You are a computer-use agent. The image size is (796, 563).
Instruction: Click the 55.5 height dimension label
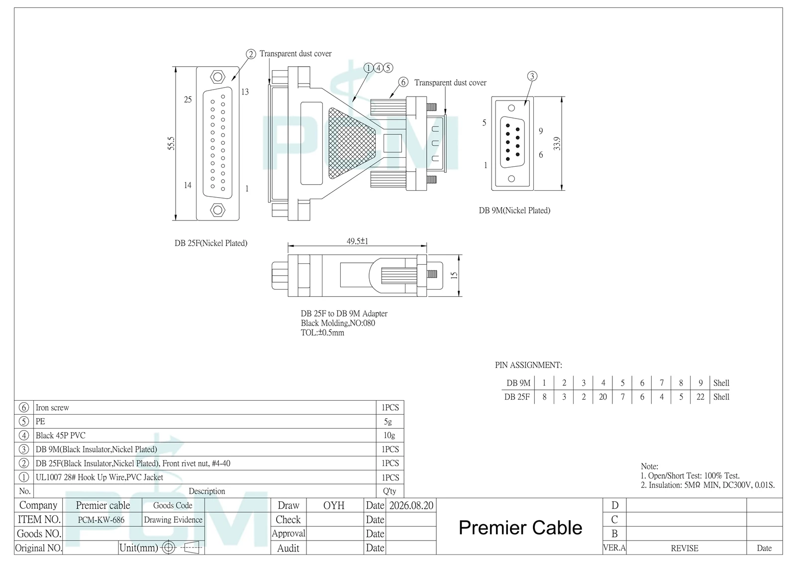[x=171, y=143]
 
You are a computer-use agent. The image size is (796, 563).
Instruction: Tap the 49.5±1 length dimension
[x=357, y=241]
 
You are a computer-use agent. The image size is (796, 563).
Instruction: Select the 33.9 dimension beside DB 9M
[x=557, y=144]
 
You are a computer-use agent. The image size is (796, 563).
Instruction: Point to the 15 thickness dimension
[x=454, y=275]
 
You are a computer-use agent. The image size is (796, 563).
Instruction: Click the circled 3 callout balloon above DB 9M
[x=532, y=76]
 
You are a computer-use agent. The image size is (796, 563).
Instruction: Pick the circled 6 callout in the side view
[x=403, y=82]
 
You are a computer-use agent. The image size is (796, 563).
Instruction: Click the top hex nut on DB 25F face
[x=217, y=77]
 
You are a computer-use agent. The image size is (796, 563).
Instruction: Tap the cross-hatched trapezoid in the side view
[x=352, y=143]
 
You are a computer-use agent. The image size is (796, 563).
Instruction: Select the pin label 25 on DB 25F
[x=188, y=100]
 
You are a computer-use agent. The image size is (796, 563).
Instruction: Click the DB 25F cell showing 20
[x=602, y=397]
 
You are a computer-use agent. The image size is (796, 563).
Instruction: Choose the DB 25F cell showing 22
[x=700, y=397]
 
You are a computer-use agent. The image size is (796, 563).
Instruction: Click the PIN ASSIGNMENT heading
[x=528, y=365]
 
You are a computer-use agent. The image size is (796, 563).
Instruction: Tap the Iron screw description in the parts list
[x=52, y=408]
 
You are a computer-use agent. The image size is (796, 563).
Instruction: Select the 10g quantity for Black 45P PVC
[x=389, y=435]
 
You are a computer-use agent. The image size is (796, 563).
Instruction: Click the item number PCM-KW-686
[x=101, y=520]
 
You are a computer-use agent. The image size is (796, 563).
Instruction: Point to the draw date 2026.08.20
[x=411, y=505]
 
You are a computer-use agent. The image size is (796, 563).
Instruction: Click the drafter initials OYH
[x=334, y=505]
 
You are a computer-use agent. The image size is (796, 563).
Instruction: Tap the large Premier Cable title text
[x=520, y=528]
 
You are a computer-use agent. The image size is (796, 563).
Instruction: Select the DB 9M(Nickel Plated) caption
[x=514, y=211]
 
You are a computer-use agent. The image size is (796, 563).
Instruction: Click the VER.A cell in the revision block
[x=614, y=548]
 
